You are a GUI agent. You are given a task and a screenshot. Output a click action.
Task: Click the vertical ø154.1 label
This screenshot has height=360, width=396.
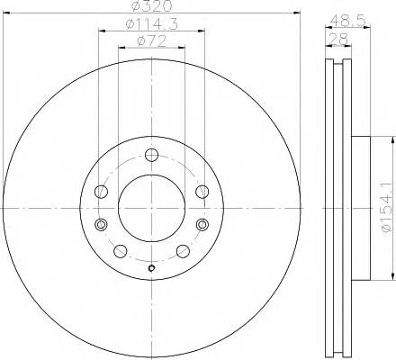[387, 208]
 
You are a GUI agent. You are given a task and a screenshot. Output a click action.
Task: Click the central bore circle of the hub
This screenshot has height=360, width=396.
[150, 207]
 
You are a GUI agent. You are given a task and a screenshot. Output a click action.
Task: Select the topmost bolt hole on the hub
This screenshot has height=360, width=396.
[150, 152]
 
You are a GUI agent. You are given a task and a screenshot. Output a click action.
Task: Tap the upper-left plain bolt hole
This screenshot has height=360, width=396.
[101, 190]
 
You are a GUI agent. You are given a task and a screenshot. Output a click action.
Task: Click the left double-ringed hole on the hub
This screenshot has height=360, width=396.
[102, 224]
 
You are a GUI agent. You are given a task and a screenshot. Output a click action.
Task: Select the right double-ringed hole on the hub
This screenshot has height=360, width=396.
[199, 224]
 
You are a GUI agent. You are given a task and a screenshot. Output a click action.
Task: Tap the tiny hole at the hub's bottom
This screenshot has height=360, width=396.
[150, 266]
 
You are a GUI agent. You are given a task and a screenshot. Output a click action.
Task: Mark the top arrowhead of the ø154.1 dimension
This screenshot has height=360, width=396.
[392, 139]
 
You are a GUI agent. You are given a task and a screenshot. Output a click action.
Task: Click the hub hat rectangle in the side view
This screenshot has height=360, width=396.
[358, 207]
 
